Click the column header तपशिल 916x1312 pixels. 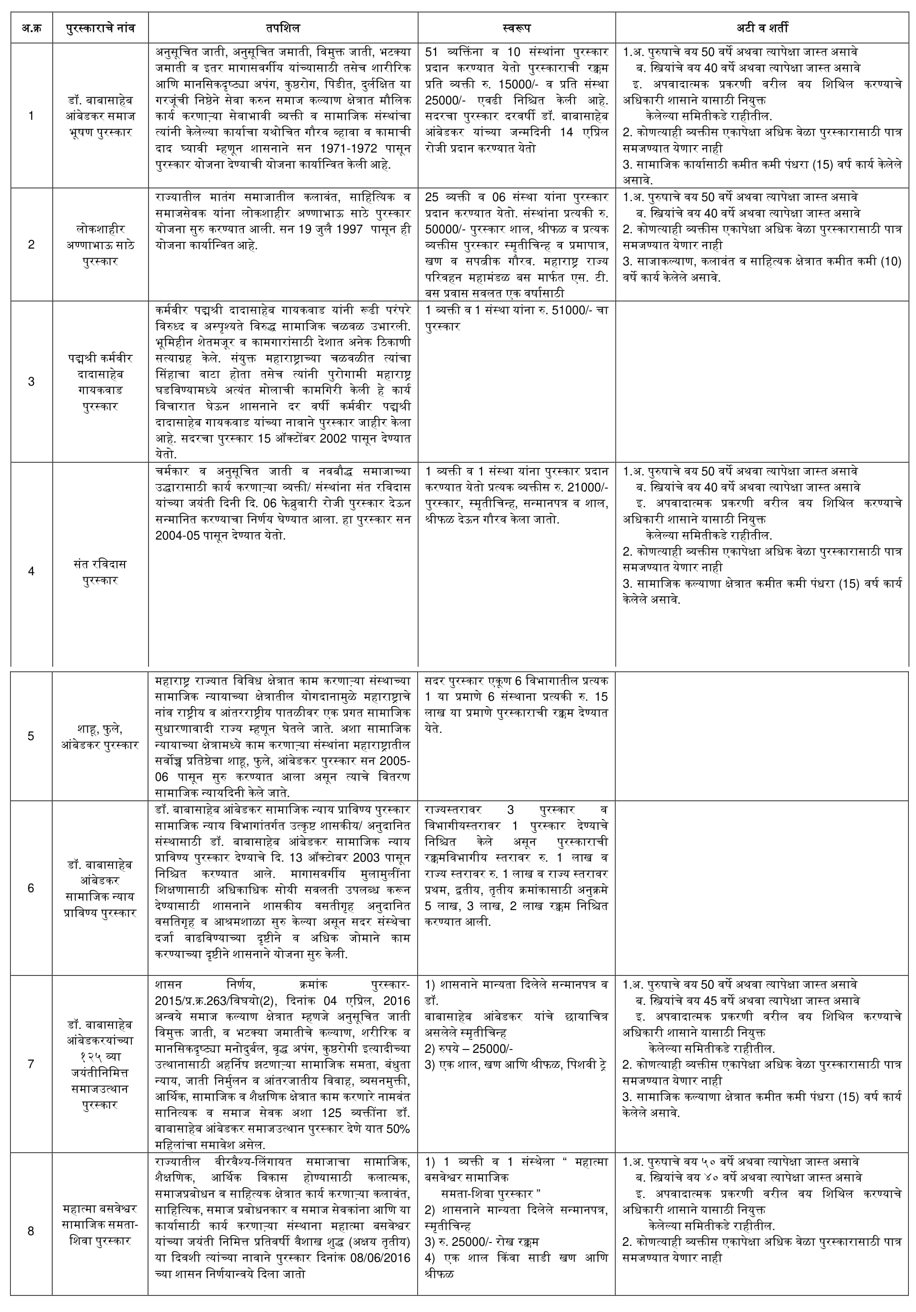(x=282, y=27)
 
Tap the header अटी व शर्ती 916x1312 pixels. (x=761, y=27)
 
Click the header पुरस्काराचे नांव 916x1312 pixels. (x=100, y=27)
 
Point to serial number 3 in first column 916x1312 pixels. (x=32, y=381)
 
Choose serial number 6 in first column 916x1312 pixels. (x=32, y=888)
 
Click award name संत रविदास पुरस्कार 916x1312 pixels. (x=100, y=571)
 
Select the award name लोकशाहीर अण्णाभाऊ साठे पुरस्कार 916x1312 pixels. (x=100, y=245)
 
